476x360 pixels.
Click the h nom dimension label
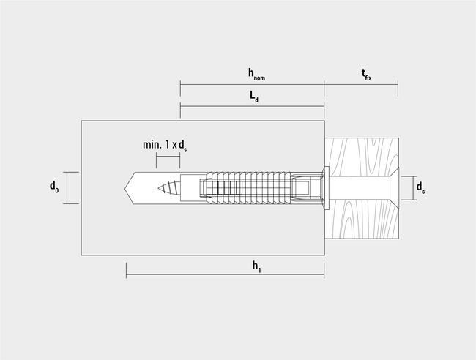256,75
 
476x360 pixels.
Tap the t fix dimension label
366,75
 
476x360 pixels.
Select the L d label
254,97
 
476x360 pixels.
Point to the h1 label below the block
256,267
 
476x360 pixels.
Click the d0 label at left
54,187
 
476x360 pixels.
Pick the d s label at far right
420,188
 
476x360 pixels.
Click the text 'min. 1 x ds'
165,146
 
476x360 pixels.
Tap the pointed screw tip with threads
168,188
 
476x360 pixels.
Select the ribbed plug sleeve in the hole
248,188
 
